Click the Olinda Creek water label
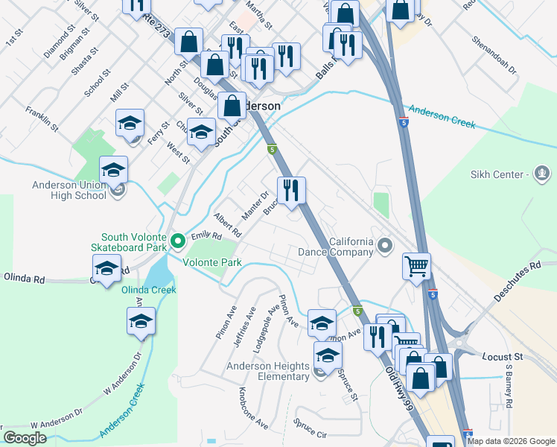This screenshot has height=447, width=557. (x=149, y=289)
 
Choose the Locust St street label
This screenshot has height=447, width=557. (x=506, y=358)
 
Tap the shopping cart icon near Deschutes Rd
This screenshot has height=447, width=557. (x=416, y=264)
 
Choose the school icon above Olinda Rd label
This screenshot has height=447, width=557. (x=106, y=268)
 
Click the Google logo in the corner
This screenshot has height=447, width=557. (x=25, y=438)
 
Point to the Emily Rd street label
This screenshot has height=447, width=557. (x=207, y=236)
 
